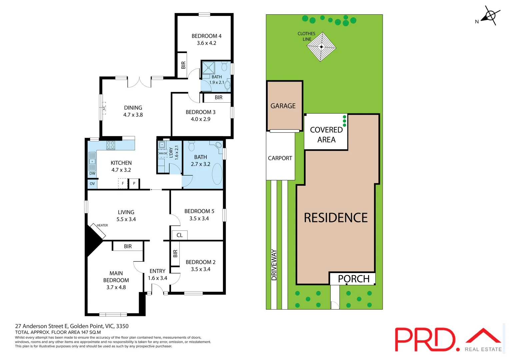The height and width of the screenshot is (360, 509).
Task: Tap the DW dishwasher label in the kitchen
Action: click(x=92, y=173)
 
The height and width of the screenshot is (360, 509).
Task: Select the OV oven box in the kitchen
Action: click(x=92, y=184)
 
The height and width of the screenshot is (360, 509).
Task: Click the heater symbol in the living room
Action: click(x=98, y=231)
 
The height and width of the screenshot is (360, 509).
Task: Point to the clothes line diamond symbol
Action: click(x=321, y=47)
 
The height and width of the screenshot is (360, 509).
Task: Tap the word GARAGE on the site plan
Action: click(x=283, y=106)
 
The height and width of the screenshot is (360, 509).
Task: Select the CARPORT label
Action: click(x=280, y=158)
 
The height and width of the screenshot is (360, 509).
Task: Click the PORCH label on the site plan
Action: click(x=354, y=279)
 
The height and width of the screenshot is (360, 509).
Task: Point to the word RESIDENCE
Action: click(x=336, y=218)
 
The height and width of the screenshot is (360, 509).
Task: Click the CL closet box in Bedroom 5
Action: click(x=180, y=235)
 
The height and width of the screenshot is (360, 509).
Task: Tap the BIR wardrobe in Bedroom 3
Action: click(x=218, y=98)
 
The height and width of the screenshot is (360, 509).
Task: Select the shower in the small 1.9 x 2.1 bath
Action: click(x=208, y=68)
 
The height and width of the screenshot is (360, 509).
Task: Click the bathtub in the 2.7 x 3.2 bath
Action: click(x=217, y=174)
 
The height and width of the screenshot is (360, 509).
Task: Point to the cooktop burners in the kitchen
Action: click(x=111, y=145)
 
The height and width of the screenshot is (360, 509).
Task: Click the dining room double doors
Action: click(x=139, y=82)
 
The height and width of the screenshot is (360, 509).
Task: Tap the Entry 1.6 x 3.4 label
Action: click(x=157, y=275)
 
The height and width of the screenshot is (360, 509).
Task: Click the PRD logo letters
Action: click(x=425, y=339)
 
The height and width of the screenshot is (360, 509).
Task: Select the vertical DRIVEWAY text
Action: click(x=274, y=265)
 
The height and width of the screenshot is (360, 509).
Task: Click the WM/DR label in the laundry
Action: click(x=163, y=153)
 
